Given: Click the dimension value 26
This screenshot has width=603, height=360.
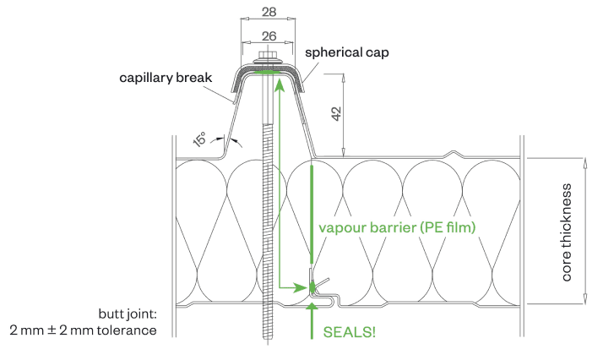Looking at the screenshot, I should [x=267, y=36].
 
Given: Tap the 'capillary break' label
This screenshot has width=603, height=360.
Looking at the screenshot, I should [x=176, y=79].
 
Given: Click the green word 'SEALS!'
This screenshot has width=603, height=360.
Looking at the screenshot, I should [x=350, y=332].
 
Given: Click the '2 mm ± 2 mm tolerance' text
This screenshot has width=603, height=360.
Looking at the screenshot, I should [x=83, y=330].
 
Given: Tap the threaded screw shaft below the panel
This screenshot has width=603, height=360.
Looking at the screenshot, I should [x=267, y=325].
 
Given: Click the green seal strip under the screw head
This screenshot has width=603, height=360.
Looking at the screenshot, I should [x=266, y=72].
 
